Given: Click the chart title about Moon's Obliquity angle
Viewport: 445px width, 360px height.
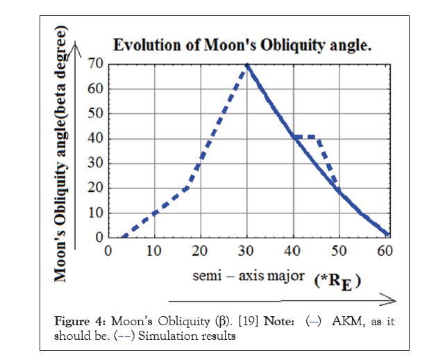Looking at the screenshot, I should pyautogui.click(x=243, y=47).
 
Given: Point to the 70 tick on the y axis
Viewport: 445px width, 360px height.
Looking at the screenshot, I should pyautogui.click(x=96, y=64).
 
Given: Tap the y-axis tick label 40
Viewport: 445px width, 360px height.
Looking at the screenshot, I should pyautogui.click(x=96, y=138).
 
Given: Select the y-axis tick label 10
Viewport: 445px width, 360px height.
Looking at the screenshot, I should pyautogui.click(x=96, y=213).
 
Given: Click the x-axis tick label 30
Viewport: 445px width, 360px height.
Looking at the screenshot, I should pyautogui.click(x=246, y=251).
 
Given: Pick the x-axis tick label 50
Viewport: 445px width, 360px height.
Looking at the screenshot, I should pyautogui.click(x=340, y=251).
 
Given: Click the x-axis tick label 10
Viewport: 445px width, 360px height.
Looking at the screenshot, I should pyautogui.click(x=153, y=251).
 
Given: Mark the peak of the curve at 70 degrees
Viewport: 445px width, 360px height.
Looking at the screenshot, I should pyautogui.click(x=246, y=65).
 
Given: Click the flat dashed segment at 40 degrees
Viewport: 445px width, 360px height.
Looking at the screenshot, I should pyautogui.click(x=305, y=136).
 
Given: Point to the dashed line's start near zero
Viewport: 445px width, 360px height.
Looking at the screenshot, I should pyautogui.click(x=122, y=236).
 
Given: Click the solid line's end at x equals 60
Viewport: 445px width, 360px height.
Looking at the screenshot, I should pyautogui.click(x=387, y=235).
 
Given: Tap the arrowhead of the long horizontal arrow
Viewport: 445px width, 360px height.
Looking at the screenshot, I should pyautogui.click(x=391, y=300).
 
